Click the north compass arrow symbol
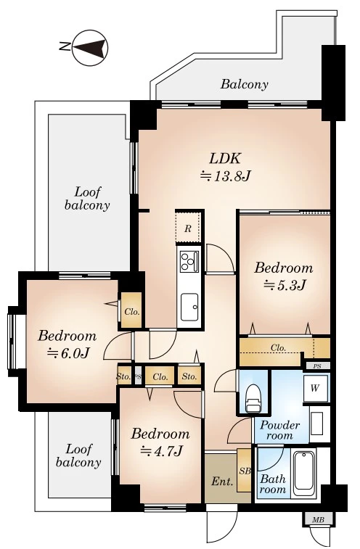pos(90,48)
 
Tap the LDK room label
pos(225,159)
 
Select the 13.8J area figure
pos(225,176)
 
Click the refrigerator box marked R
pos(188,228)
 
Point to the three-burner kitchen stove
pos(189,262)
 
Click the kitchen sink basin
pos(189,307)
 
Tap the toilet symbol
pos(253,399)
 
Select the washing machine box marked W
pos(315,388)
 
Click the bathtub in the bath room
pos(305,474)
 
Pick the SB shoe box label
pos(245,471)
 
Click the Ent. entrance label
pos(222,482)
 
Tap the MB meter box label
pos(319,520)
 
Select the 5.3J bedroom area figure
pos(285,285)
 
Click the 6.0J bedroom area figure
pos(68,353)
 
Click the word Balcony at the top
pos(245,84)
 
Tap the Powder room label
pos(279,430)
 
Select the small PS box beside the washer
pos(317,366)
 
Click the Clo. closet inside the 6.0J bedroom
pos(132,311)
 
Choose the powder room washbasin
pos(316,424)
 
